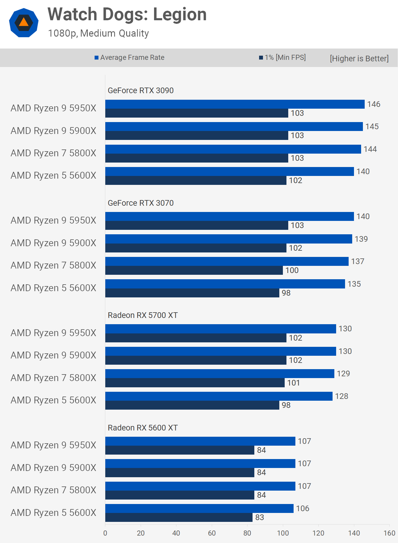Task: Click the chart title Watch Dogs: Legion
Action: tap(127, 14)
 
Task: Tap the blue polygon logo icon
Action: tap(24, 23)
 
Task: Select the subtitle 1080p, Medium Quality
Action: tap(98, 33)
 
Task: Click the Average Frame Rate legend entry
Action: tap(129, 57)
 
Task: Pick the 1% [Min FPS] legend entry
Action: tap(282, 57)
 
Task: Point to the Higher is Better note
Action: tap(359, 58)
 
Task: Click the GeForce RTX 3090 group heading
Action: tap(140, 90)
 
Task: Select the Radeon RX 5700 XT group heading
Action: tap(142, 315)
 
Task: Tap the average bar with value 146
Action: tap(235, 104)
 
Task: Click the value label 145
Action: tap(372, 127)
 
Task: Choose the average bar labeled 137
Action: tap(227, 261)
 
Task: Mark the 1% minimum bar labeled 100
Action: tap(194, 270)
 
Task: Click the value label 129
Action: tap(343, 374)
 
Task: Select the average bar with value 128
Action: tap(219, 396)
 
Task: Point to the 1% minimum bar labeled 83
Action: tap(179, 517)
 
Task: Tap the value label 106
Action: tap(303, 508)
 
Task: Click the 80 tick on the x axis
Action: tap(247, 533)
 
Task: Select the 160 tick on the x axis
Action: tap(389, 533)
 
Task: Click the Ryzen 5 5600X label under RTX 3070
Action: tap(54, 288)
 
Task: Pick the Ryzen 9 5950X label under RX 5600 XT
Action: tap(54, 445)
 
